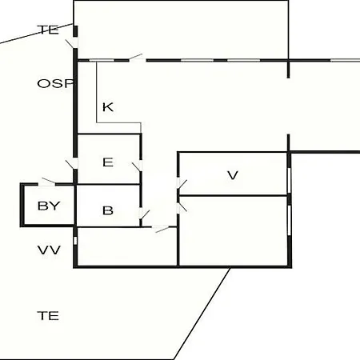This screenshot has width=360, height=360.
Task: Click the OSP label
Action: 55,83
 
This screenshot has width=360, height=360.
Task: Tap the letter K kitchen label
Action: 108,107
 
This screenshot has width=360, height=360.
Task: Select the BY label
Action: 49,206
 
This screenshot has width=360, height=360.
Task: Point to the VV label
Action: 49,250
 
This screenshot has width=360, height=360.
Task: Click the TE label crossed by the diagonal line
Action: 48,30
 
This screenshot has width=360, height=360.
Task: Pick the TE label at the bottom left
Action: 48,316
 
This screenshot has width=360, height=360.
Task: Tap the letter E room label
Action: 108,162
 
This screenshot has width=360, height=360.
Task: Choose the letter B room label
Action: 108,210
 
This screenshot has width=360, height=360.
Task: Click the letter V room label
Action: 233,175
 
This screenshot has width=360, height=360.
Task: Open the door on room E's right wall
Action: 138,166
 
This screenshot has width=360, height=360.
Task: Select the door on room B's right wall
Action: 144,214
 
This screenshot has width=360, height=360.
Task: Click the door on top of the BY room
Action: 47,182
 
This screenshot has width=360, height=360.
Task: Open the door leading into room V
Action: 182,183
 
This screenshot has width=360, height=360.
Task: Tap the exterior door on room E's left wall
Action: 72,164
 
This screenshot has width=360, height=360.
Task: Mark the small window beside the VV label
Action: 75,241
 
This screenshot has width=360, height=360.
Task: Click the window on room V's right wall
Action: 289,180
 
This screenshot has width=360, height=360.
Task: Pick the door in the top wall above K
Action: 137,58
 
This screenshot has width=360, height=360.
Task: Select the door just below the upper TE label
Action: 72,43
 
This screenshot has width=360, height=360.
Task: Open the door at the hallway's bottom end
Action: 161,229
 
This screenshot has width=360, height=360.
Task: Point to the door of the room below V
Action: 182,207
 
